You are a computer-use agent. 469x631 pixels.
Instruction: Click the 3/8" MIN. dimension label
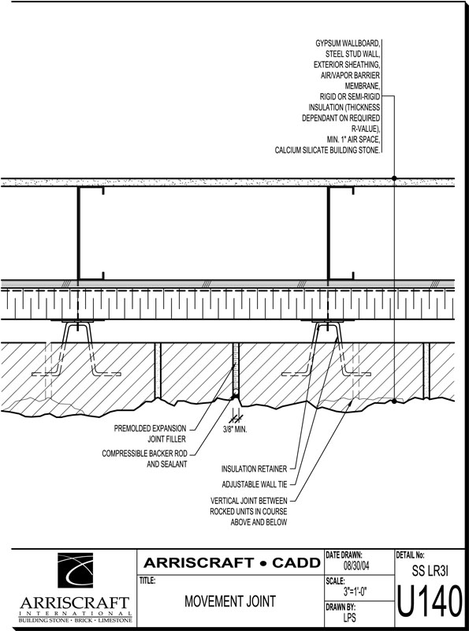pyautogui.click(x=235, y=429)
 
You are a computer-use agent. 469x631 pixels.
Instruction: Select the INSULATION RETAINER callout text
pyautogui.click(x=255, y=469)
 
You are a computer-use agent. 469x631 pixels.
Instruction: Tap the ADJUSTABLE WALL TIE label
pyautogui.click(x=255, y=484)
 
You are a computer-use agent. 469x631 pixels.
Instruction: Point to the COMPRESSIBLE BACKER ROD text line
pyautogui.click(x=144, y=454)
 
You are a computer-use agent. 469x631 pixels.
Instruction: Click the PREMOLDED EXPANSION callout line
pyautogui.click(x=150, y=428)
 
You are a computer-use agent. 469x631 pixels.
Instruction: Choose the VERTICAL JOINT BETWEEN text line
pyautogui.click(x=249, y=501)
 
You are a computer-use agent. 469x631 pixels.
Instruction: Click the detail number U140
pyautogui.click(x=430, y=602)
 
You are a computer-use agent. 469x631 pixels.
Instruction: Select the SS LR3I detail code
pyautogui.click(x=430, y=570)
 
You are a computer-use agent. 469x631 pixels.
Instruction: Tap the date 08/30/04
pyautogui.click(x=356, y=566)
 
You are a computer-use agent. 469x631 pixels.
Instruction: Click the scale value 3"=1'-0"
pyautogui.click(x=355, y=592)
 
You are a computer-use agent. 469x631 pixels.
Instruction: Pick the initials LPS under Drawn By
pyautogui.click(x=349, y=617)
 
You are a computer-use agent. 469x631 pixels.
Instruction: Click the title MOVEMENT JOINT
pyautogui.click(x=230, y=601)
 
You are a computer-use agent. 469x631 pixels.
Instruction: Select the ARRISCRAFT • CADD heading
pyautogui.click(x=232, y=562)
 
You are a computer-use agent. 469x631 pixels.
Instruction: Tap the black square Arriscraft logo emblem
pyautogui.click(x=75, y=570)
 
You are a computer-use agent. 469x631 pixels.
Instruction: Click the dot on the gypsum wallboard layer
pyautogui.click(x=394, y=178)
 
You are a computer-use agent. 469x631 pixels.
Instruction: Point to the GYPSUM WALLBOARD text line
pyautogui.click(x=348, y=43)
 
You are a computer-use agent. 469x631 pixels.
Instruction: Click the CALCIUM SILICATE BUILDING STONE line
pyautogui.click(x=327, y=150)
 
